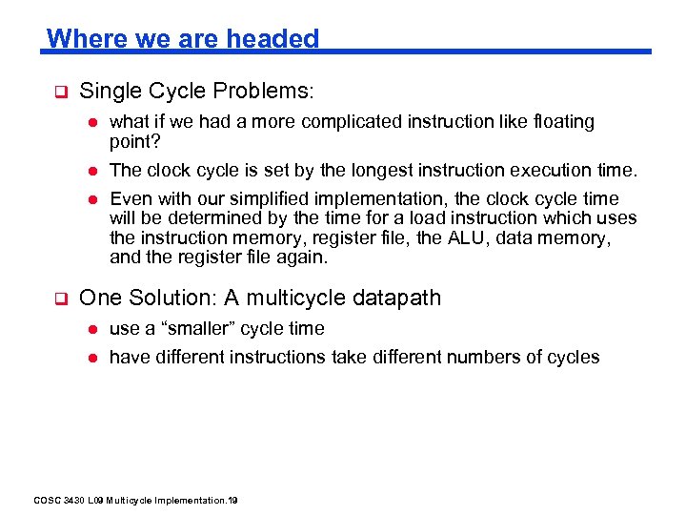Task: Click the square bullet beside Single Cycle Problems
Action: [x=58, y=93]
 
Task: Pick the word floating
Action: [x=562, y=122]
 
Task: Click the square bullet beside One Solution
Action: [x=58, y=299]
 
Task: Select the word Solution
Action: [x=169, y=298]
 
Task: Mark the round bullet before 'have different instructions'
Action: [x=93, y=358]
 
